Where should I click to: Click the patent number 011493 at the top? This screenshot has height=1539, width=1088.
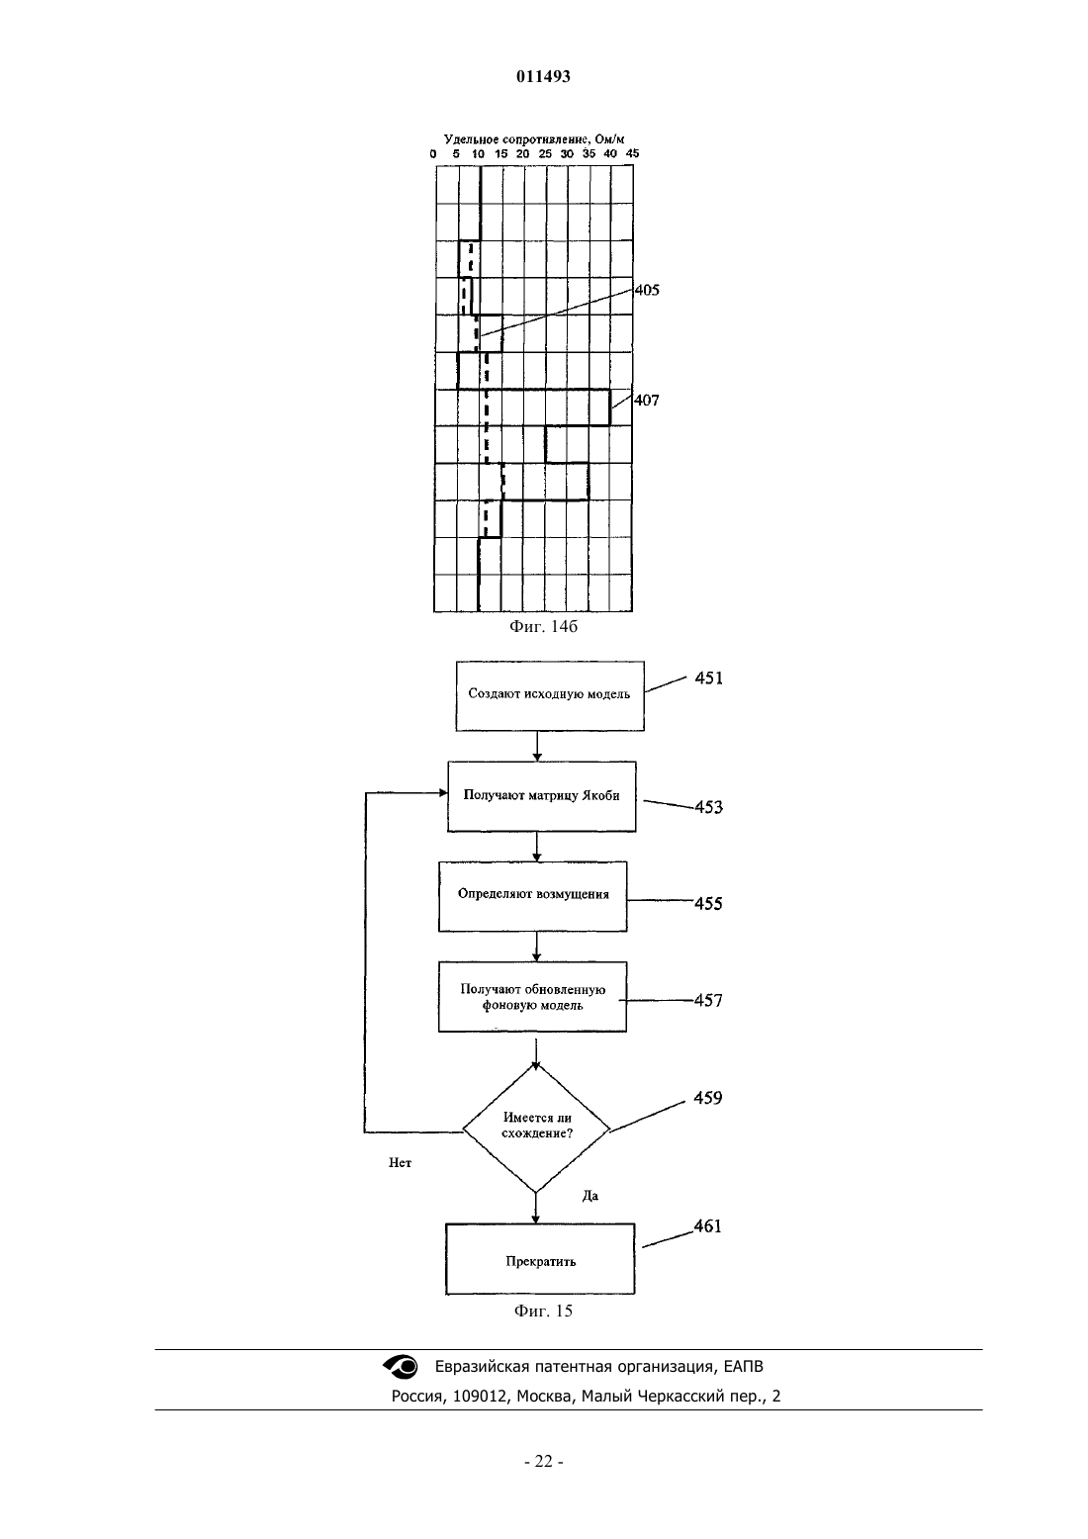(543, 76)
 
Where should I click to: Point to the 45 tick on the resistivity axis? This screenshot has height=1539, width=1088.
(632, 154)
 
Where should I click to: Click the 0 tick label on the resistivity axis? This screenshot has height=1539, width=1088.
(433, 154)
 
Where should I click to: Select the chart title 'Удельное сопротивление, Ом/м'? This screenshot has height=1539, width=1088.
(534, 139)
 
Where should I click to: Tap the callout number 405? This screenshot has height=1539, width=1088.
(646, 290)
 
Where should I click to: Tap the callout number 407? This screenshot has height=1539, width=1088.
(646, 400)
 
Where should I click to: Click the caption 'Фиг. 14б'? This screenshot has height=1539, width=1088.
(543, 626)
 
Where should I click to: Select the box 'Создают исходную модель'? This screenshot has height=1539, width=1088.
(550, 696)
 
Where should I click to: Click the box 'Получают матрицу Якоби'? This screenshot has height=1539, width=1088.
(541, 796)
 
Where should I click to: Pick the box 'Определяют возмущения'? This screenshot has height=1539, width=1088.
(533, 896)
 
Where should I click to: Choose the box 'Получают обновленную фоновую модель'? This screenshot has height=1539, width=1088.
(532, 996)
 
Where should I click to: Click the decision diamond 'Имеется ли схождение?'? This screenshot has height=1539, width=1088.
(536, 1129)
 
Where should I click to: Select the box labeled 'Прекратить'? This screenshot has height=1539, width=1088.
(540, 1259)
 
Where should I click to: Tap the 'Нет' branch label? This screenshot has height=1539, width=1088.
(400, 1162)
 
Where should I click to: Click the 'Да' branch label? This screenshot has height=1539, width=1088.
(590, 1196)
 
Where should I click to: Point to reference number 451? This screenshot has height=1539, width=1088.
(709, 679)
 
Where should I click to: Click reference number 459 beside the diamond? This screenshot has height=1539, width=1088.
(707, 1098)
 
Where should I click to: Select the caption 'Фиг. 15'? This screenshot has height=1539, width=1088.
(543, 1311)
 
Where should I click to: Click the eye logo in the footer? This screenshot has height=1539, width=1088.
(400, 1367)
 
